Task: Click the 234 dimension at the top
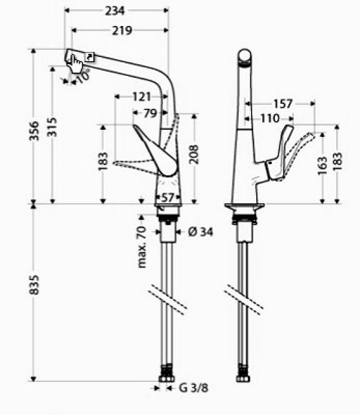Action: [115, 11]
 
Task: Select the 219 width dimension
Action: [122, 30]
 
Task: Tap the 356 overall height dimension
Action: [34, 131]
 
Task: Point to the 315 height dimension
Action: [52, 127]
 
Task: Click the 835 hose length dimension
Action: [34, 285]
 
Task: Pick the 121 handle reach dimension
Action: [141, 97]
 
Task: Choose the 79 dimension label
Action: [150, 113]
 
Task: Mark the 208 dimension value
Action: [195, 154]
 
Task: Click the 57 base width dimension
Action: [168, 197]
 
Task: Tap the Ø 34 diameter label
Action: [200, 232]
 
